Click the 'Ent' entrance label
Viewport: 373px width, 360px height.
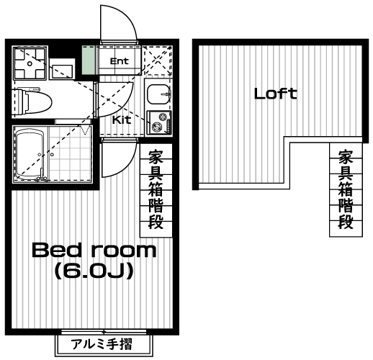119,61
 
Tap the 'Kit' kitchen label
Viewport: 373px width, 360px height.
122,120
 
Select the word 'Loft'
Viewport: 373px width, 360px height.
275,93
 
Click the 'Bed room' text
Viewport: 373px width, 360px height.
94,251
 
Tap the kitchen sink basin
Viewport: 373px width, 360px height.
157,94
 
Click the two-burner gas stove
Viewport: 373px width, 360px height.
158,123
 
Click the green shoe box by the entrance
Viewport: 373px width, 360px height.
88,60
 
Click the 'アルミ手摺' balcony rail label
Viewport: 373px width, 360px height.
105,344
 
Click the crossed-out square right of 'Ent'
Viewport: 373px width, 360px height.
157,61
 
